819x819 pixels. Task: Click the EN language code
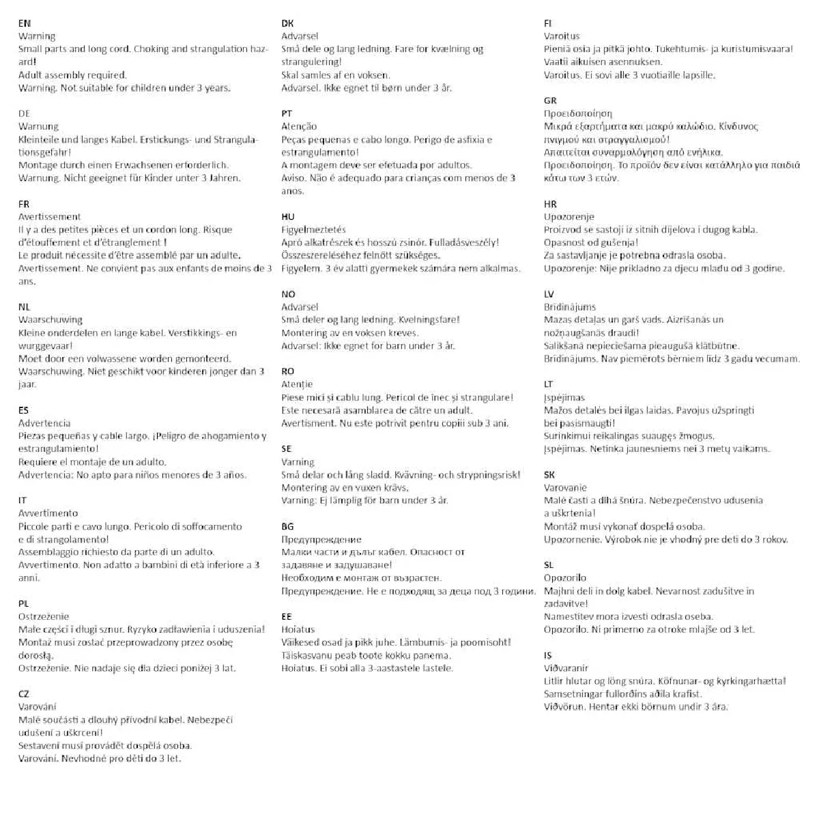tap(24, 23)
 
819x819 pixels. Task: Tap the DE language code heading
tap(24, 113)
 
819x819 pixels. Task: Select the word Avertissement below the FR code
tap(49, 217)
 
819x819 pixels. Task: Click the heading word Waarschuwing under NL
tap(50, 319)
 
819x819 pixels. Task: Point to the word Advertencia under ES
tap(44, 423)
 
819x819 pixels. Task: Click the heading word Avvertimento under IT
tap(48, 513)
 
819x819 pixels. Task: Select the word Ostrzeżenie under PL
tap(43, 616)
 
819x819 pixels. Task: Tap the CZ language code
tap(24, 693)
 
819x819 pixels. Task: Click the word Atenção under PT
tap(299, 126)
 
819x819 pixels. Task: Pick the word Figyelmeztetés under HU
tap(313, 230)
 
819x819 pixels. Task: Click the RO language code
tap(288, 371)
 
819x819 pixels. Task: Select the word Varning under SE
tap(298, 462)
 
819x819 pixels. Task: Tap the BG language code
tap(287, 526)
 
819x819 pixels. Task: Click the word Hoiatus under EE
tap(298, 629)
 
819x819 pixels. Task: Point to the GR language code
tap(550, 100)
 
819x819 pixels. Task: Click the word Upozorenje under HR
tap(569, 217)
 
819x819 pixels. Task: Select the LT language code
tap(549, 384)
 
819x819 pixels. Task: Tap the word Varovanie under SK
tap(565, 487)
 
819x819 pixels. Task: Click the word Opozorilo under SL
tap(565, 578)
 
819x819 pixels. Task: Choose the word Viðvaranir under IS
tap(566, 668)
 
